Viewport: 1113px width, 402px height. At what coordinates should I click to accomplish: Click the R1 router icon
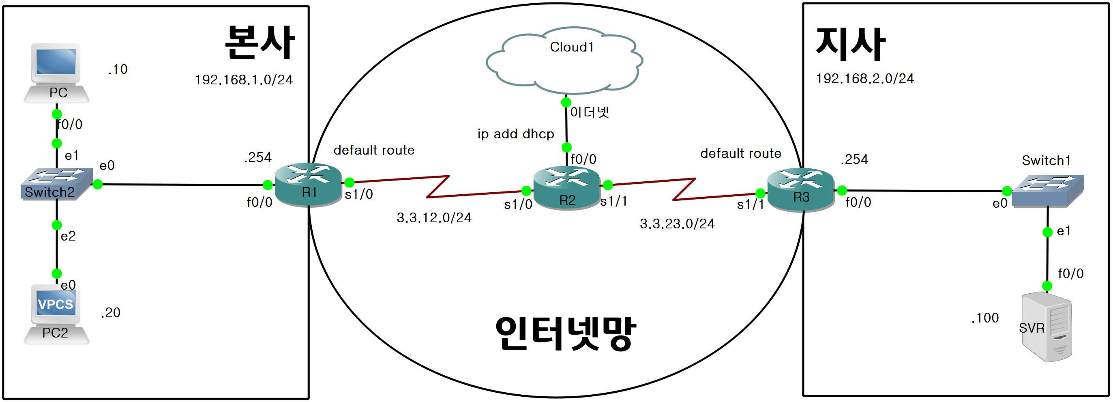point(308,185)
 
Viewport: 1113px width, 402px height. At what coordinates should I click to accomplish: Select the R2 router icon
point(566,188)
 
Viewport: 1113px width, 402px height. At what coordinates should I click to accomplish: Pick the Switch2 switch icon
point(57,184)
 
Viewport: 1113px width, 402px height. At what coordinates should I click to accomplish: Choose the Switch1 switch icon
point(1047,190)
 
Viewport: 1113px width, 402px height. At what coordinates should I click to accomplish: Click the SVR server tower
point(1046,327)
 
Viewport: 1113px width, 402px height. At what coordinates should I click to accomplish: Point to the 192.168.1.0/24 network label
point(244,80)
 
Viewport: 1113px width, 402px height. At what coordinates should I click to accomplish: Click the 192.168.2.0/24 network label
point(864,79)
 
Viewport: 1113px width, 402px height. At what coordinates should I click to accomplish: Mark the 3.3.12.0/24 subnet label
point(434,218)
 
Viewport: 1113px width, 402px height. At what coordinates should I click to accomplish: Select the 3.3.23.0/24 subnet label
point(677,224)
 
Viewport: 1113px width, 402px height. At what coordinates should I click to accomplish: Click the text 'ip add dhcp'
point(515,134)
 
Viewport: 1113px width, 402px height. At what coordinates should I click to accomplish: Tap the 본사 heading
point(259,42)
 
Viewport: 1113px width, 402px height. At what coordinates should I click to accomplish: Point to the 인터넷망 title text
point(565,333)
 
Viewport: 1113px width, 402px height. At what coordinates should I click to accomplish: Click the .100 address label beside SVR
point(985,318)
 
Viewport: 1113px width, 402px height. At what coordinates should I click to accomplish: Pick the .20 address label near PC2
point(111,313)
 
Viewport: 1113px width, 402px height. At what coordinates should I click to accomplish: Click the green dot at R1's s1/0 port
point(350,183)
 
